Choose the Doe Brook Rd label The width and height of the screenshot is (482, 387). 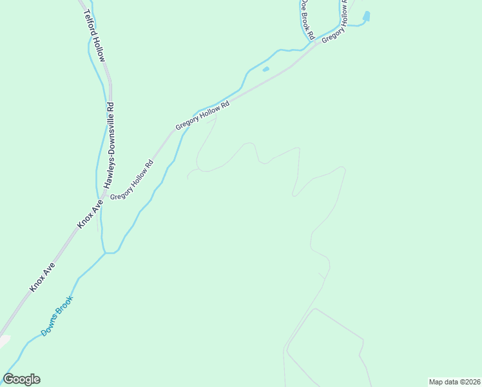(305, 19)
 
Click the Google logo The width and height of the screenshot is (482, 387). (21, 379)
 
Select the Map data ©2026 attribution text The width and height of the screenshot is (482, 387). (455, 381)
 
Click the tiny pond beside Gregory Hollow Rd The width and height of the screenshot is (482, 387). (266, 69)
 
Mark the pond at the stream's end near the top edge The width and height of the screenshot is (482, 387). (367, 15)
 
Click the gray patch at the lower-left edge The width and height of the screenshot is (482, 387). (4, 340)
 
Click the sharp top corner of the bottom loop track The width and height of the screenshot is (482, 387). (314, 309)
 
